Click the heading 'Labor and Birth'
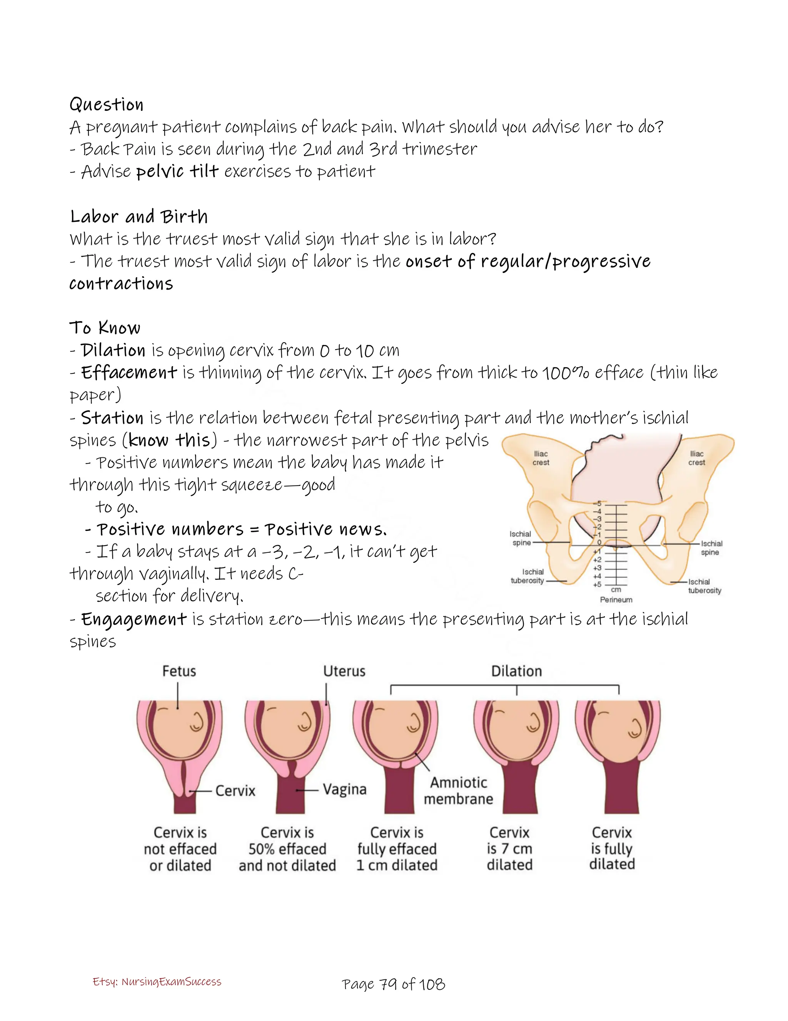pyautogui.click(x=139, y=217)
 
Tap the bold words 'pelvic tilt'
pyautogui.click(x=177, y=172)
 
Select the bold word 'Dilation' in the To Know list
pyautogui.click(x=113, y=350)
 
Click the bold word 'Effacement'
pyautogui.click(x=129, y=373)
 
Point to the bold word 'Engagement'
pyautogui.click(x=134, y=619)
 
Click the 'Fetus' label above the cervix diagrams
pyautogui.click(x=179, y=671)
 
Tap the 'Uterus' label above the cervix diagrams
pyautogui.click(x=344, y=671)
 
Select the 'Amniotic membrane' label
pyautogui.click(x=458, y=790)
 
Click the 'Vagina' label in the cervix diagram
pyautogui.click(x=344, y=790)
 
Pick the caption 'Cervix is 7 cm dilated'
pyautogui.click(x=509, y=849)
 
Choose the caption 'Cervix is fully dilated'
pyautogui.click(x=612, y=848)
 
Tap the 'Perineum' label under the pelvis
pyautogui.click(x=616, y=600)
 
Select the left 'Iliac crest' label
pyautogui.click(x=541, y=458)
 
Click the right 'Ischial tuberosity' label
pyautogui.click(x=705, y=586)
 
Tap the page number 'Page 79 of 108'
pyautogui.click(x=393, y=984)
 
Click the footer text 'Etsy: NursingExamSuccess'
pyautogui.click(x=157, y=982)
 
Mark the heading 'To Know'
pyautogui.click(x=105, y=328)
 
